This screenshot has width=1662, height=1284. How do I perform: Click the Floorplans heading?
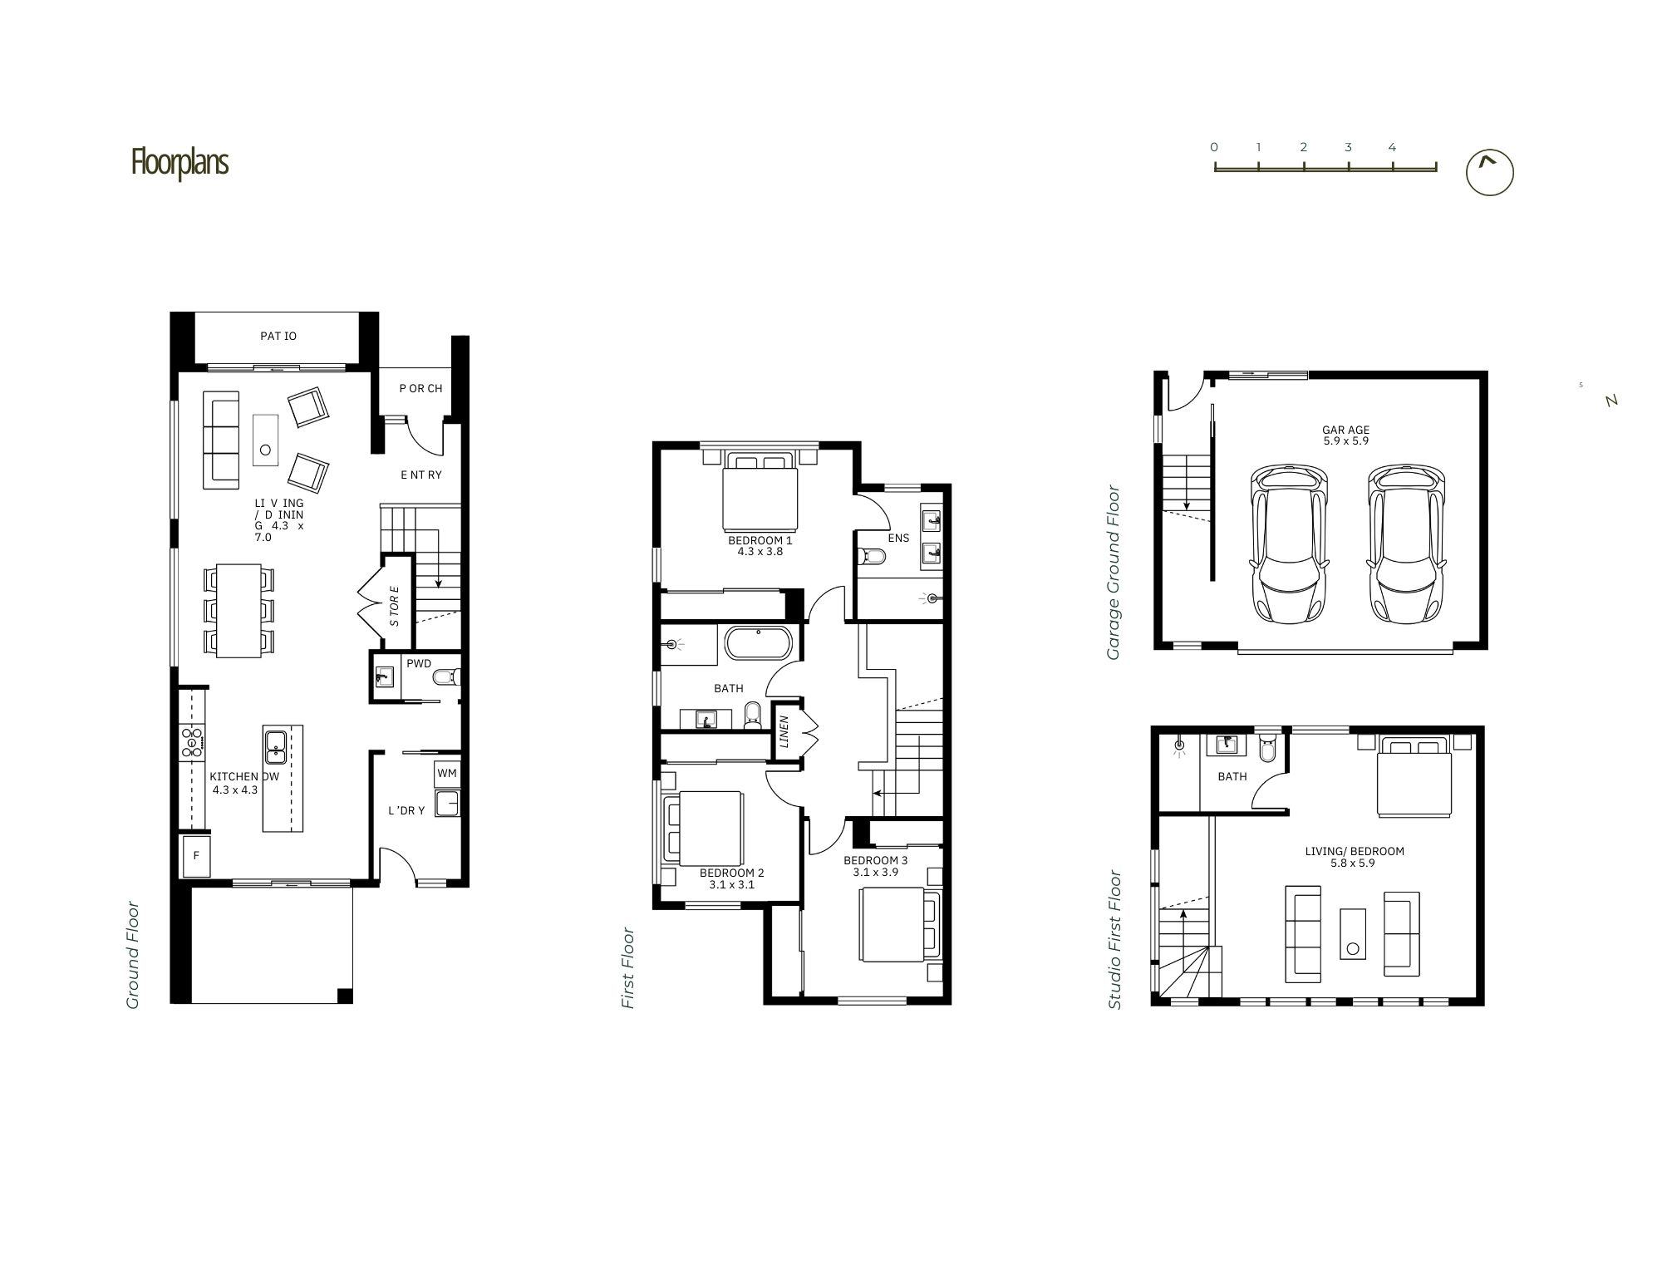179,162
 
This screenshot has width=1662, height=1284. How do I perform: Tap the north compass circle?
1489,173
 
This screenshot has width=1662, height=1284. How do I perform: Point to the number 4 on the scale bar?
1392,147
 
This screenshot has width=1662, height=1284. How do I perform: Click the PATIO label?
278,336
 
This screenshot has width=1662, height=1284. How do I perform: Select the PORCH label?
420,388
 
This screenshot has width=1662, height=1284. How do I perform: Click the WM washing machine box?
447,774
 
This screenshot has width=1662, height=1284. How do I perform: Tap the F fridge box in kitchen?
196,856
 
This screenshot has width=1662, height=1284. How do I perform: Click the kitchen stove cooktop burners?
193,742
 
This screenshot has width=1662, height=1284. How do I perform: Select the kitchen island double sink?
276,746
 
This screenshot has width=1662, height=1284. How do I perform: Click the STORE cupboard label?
395,606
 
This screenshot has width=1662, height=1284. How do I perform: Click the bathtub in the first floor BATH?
760,644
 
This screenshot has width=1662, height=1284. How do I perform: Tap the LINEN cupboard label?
784,731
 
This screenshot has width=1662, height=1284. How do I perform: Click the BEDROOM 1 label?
760,540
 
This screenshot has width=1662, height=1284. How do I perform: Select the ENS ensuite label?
898,538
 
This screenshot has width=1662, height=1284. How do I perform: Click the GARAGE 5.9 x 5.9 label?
1345,435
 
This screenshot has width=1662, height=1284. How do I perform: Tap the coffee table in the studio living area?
1353,934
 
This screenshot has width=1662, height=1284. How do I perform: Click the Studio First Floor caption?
1115,940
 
